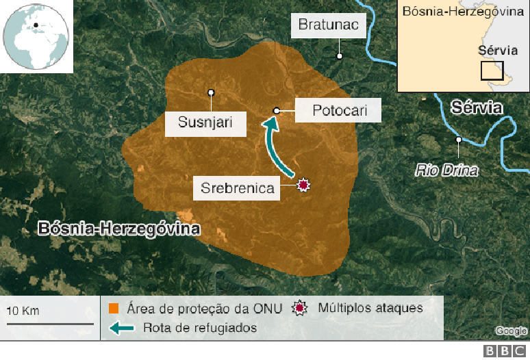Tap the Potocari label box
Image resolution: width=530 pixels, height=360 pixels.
tap(337, 110)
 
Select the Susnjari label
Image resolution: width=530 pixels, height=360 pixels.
tap(205, 123)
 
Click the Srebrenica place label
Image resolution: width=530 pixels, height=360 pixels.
tap(238, 188)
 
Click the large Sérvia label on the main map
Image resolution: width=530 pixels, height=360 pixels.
tap(477, 107)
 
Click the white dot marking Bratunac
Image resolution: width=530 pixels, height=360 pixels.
tap(339, 56)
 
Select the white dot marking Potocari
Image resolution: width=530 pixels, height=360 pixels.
tap(277, 110)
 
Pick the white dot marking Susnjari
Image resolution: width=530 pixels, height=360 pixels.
tap(211, 92)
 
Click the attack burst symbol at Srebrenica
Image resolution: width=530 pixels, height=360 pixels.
tap(302, 184)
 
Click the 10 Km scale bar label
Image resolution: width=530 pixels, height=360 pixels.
tap(23, 311)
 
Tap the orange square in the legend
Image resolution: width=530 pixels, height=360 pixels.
tap(114, 308)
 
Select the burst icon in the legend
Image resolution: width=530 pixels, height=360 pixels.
tap(299, 308)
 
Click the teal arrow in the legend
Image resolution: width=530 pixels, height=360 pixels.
tap(123, 329)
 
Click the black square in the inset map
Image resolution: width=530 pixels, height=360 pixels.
tap(492, 71)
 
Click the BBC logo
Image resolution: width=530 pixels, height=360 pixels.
tap(505, 351)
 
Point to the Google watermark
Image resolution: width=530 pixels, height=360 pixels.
tap(511, 331)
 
